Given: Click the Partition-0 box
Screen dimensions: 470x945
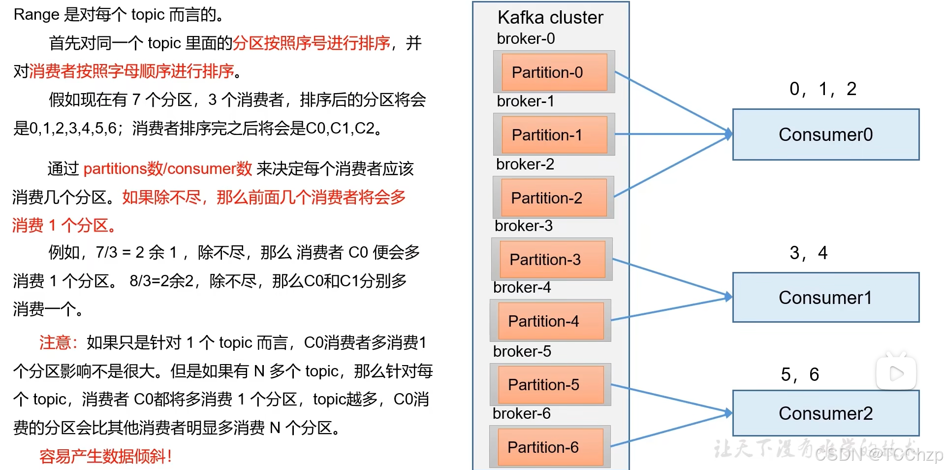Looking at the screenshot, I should (554, 72).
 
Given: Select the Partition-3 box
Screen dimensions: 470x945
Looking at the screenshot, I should (552, 259).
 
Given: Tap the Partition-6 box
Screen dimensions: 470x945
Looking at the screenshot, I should (550, 447).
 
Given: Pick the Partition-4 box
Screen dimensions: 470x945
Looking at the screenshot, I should (550, 321).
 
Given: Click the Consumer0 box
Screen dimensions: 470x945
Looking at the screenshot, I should (825, 134).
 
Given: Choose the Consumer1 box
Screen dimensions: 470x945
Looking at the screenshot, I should (825, 298).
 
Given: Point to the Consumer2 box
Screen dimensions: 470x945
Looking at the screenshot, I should (825, 413).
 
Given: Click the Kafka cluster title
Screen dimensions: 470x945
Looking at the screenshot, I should (550, 18).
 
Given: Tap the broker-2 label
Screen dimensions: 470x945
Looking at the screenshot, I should (525, 164).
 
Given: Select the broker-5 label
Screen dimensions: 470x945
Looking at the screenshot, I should (522, 351).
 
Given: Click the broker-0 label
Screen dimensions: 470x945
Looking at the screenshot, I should (526, 38).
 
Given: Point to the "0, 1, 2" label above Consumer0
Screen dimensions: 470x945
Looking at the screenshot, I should (822, 89).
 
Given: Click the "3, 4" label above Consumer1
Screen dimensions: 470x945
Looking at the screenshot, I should (808, 253).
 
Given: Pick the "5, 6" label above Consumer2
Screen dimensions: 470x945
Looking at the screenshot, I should (800, 374).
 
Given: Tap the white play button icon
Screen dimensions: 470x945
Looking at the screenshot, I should (896, 373).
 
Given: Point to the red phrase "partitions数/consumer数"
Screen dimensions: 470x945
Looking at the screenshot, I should (167, 168).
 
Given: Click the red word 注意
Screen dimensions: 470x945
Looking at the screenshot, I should (55, 342).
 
